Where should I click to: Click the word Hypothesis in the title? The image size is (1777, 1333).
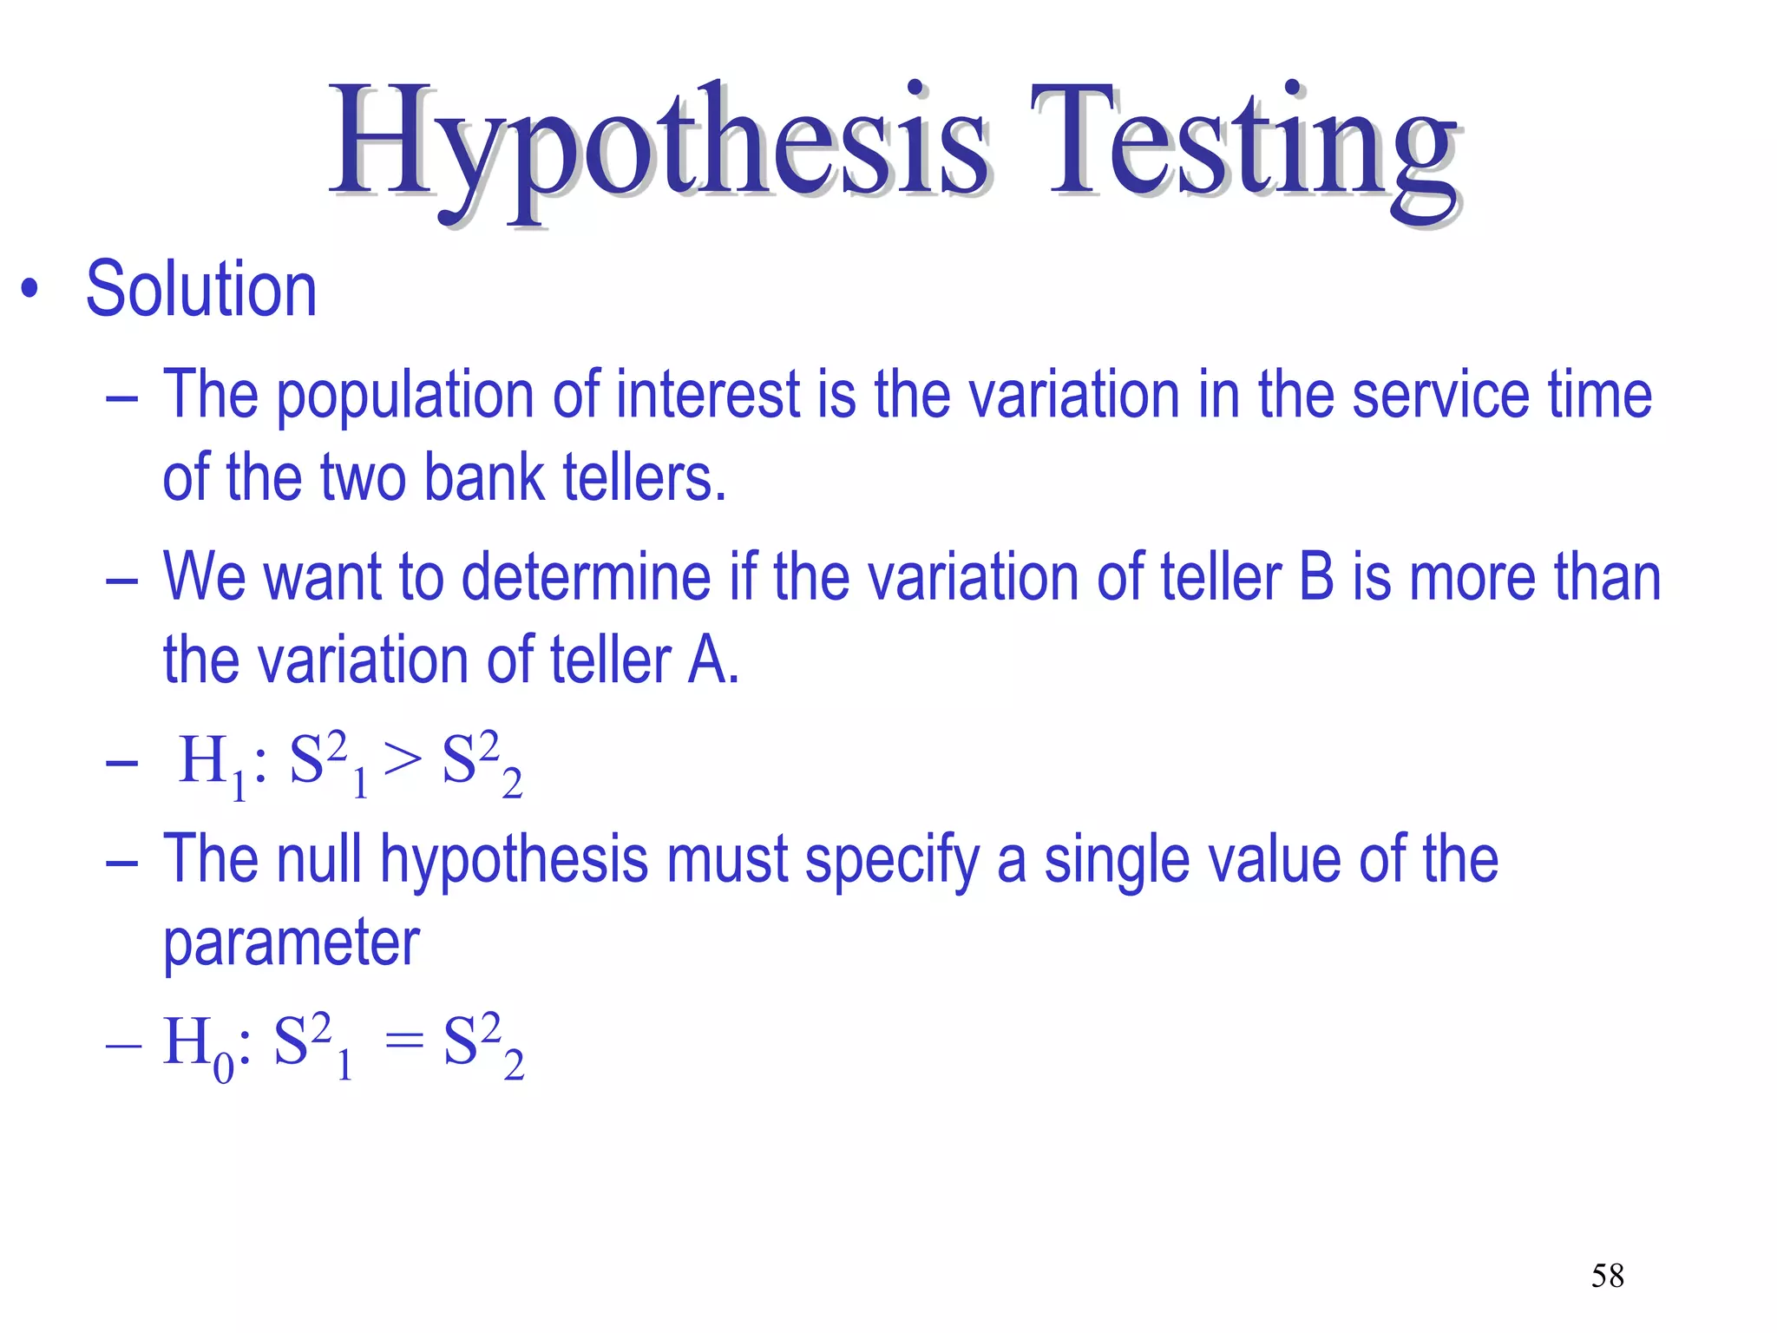pos(659,143)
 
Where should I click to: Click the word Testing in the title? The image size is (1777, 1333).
pos(1245,143)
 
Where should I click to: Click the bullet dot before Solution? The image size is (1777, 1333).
pos(30,290)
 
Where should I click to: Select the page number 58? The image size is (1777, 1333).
pos(1607,1276)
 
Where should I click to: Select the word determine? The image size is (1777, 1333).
pos(586,577)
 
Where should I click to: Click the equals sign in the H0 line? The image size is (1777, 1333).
pos(404,1041)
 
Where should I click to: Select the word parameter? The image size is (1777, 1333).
pos(292,943)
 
